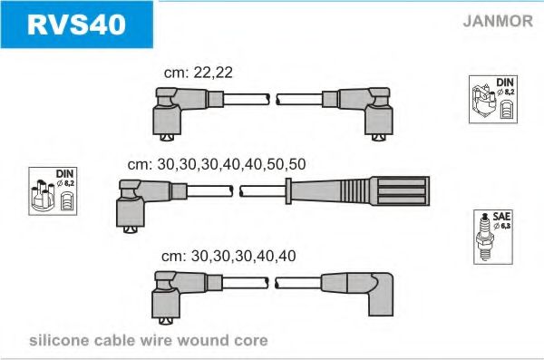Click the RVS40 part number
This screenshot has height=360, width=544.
(76, 24)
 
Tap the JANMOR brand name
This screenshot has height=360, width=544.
(498, 21)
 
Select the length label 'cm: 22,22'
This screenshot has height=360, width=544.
(198, 73)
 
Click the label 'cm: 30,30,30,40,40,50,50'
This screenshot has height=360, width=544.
(217, 164)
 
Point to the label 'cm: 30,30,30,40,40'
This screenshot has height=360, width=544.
(228, 257)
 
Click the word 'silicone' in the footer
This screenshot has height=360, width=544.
(59, 340)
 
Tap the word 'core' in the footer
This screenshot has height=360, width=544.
(251, 341)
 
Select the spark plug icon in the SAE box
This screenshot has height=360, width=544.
(485, 238)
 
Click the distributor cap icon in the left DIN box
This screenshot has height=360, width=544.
(44, 196)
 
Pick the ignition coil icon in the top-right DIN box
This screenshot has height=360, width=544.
(483, 102)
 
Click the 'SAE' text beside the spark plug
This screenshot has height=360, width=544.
(501, 217)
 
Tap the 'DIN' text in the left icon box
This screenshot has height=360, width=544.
(64, 174)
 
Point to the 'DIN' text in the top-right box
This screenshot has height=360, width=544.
(505, 83)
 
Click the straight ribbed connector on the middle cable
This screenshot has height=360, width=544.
(359, 191)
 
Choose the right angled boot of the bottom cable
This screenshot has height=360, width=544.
(357, 294)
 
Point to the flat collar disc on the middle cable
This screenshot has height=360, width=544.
(288, 191)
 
